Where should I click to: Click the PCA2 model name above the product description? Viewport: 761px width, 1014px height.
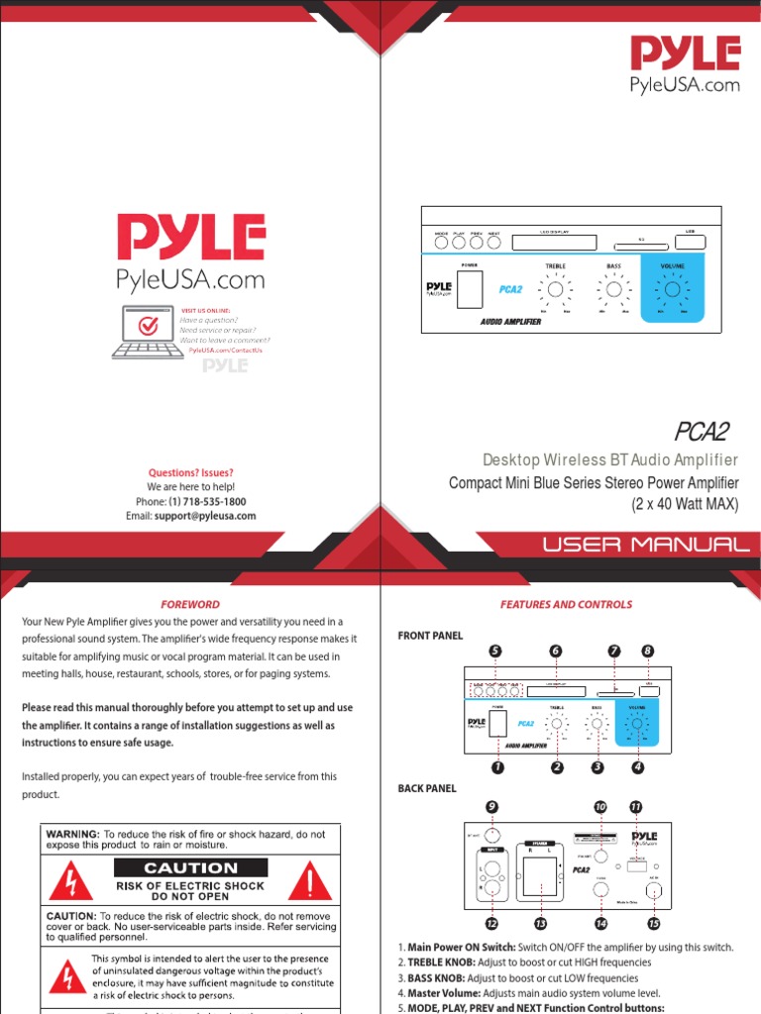tap(702, 432)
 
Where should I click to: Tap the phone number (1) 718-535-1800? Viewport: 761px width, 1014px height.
tap(207, 502)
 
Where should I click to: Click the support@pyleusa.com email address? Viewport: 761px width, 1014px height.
tap(205, 516)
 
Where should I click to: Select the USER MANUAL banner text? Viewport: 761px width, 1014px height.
tap(645, 545)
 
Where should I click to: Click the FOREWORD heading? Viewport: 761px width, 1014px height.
tap(190, 604)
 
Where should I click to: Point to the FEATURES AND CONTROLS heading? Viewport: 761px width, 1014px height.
tap(566, 604)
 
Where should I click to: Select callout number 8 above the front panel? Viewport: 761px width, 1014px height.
tap(648, 651)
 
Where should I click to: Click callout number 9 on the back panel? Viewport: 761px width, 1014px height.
tap(492, 807)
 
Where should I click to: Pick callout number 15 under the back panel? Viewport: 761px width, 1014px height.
tap(653, 923)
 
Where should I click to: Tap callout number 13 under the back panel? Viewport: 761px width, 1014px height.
tap(540, 923)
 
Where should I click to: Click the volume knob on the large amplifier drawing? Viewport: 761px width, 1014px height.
tap(673, 289)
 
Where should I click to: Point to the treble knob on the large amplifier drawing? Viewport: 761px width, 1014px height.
tap(556, 289)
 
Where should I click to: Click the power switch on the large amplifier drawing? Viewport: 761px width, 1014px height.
tap(470, 288)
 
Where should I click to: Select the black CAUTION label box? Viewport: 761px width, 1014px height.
tap(190, 868)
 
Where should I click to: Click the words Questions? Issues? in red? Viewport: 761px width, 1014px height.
tap(190, 473)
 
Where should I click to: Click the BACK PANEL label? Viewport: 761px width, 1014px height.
tap(427, 788)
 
